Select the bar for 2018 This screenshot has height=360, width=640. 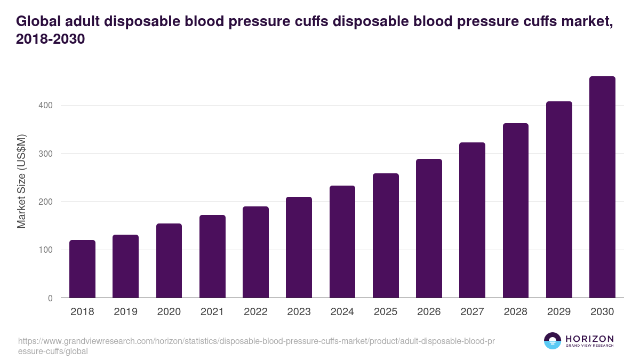coord(82,269)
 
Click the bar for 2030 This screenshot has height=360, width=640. coord(602,187)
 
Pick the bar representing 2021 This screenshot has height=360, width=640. coord(212,257)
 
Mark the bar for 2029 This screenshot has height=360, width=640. coord(559,199)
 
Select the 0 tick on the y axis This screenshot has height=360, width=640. coord(50,298)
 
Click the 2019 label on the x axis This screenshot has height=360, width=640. coord(125,312)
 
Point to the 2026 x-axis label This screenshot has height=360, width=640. coord(429,312)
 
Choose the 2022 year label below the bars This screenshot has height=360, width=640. coord(255,312)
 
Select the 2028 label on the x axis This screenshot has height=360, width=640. coord(516,312)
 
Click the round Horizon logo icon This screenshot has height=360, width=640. coord(552,341)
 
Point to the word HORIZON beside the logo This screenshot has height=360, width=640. coord(589,339)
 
